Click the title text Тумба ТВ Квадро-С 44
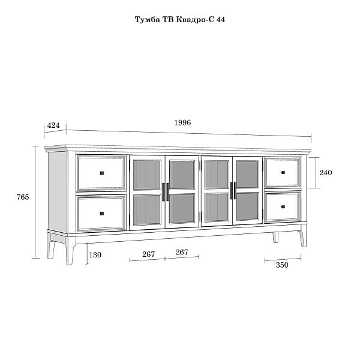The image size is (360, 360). click(x=180, y=20)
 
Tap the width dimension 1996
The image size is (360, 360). click(x=182, y=122)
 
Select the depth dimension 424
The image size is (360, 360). click(x=53, y=125)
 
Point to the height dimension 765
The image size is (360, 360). click(x=23, y=197)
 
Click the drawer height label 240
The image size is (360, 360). click(x=326, y=172)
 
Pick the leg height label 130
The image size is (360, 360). click(x=95, y=255)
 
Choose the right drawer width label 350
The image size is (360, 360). click(x=282, y=265)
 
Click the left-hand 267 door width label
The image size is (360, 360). click(x=149, y=254)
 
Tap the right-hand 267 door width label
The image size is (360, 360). click(x=182, y=252)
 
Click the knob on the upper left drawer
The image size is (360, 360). click(x=102, y=173)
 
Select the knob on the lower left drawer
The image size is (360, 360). click(x=102, y=214)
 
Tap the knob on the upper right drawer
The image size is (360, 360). click(x=283, y=172)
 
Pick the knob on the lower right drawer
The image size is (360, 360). click(x=283, y=206)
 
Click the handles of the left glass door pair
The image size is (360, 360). click(x=166, y=192)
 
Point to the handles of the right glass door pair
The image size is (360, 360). click(x=233, y=191)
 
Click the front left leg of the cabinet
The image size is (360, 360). click(x=70, y=251)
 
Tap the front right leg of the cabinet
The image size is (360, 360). click(x=303, y=239)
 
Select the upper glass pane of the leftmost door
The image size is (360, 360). click(x=147, y=175)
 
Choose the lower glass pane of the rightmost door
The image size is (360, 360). click(x=247, y=206)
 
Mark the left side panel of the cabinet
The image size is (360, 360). click(x=58, y=192)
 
